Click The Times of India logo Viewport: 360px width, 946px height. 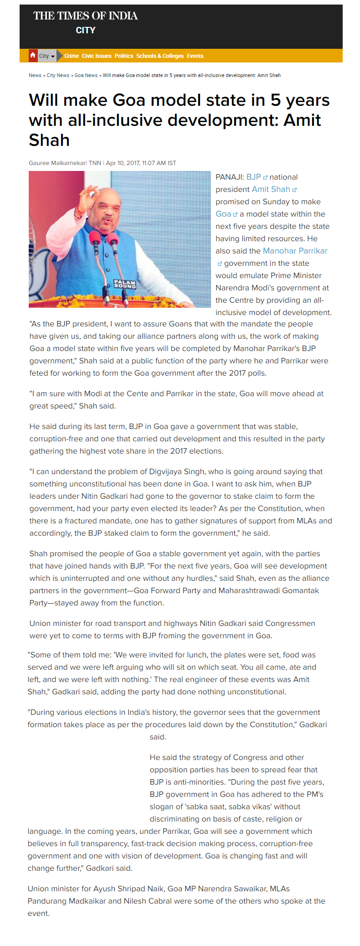point(85,16)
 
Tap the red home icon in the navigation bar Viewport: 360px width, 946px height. point(33,55)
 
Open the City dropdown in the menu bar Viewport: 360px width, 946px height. point(47,56)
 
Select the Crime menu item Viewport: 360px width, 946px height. point(72,56)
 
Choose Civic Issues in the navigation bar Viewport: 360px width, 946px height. point(97,56)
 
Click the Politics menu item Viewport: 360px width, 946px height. point(124,56)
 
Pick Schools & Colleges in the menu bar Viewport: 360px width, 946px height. point(160,56)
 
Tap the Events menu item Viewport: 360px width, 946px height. point(195,56)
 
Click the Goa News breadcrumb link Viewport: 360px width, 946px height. point(86,75)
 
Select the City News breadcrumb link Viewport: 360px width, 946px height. point(58,75)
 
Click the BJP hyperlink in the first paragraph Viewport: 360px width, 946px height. point(254,177)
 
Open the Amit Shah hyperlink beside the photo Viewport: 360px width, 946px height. point(271,189)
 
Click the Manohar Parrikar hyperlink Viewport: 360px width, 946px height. point(295,251)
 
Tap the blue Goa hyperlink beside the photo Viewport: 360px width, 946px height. point(223,214)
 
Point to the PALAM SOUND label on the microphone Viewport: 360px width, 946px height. point(125,284)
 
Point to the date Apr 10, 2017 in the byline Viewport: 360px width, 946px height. point(123,163)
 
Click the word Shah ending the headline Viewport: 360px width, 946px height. point(49,140)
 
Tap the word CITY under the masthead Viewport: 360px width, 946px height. point(85,31)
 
